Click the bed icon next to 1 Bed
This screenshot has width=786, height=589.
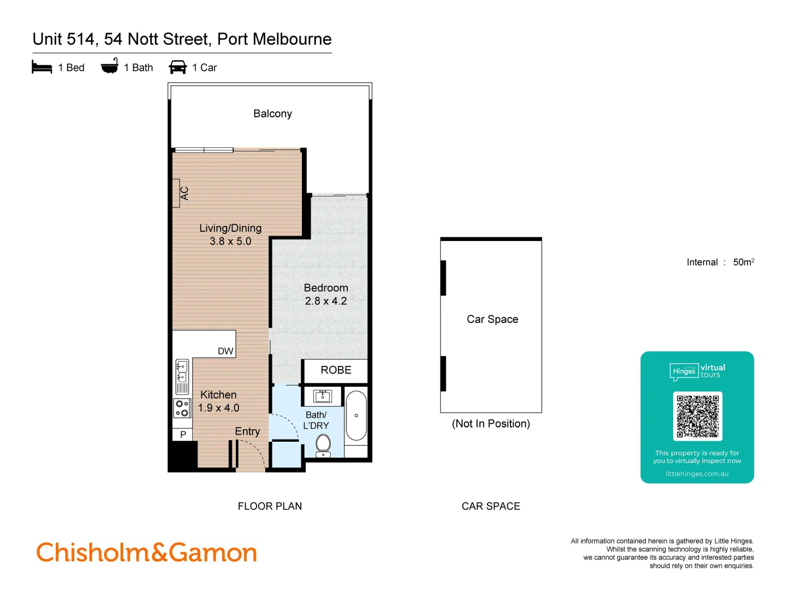(41, 67)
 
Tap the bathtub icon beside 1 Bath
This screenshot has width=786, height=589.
(110, 66)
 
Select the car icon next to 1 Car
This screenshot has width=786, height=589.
(178, 67)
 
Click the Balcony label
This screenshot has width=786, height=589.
(272, 113)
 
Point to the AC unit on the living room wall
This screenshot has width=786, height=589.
(177, 193)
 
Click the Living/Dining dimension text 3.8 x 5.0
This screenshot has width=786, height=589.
(230, 241)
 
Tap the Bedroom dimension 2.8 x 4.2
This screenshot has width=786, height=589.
(326, 300)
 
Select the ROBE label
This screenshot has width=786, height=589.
(336, 370)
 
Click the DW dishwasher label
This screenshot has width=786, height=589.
(225, 351)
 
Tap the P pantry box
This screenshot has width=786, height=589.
(183, 435)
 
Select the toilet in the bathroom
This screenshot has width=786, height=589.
(323, 444)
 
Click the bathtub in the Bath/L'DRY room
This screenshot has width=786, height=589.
(356, 416)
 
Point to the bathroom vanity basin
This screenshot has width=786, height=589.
(323, 395)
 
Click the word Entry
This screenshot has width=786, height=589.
(247, 431)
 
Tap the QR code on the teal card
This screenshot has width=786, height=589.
(698, 416)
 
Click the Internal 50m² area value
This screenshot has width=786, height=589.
(743, 262)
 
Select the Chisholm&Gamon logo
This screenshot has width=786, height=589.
(146, 552)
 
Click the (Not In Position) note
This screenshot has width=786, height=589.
(491, 424)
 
